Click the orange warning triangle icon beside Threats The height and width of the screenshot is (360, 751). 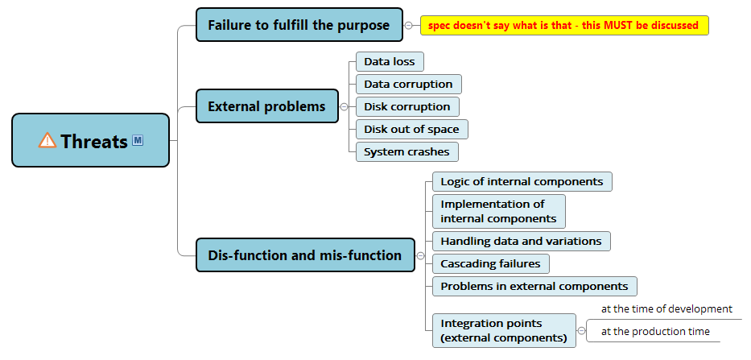47,140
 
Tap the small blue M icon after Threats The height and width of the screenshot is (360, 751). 138,140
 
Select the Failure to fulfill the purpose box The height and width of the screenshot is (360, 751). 299,24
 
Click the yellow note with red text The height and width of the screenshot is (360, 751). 564,26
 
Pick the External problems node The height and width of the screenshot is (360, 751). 267,106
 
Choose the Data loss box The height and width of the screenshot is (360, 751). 390,61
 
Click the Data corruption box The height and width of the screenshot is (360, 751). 409,84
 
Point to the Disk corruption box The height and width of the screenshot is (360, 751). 407,106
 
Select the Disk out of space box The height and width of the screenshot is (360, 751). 412,129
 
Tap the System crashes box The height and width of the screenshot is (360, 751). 407,151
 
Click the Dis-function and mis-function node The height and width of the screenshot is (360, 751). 305,255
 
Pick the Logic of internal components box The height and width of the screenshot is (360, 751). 522,182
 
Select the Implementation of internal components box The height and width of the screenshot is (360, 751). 498,211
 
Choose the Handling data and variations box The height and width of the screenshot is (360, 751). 522,241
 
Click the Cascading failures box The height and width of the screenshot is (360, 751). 491,263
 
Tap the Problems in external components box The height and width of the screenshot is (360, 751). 534,286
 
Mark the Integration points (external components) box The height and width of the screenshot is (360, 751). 504,330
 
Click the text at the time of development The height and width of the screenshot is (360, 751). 666,309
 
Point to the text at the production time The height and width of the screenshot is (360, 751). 655,331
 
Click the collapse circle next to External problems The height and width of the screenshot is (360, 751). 344,107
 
